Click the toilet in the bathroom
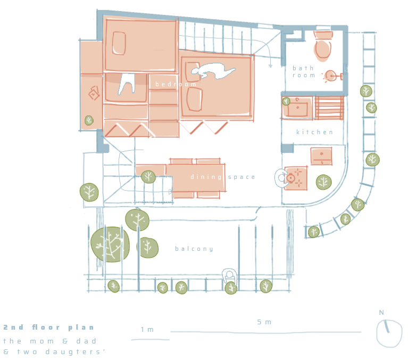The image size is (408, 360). pyautogui.click(x=323, y=46)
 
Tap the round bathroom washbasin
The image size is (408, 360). pyautogui.click(x=330, y=76)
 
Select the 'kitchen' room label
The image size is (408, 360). pyautogui.click(x=314, y=132)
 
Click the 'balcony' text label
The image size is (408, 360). pyautogui.click(x=194, y=249)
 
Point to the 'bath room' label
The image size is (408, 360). pyautogui.click(x=304, y=72)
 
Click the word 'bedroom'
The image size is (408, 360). pyautogui.click(x=176, y=84)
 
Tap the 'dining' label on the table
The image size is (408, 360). pyautogui.click(x=206, y=177)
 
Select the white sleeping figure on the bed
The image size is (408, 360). pyautogui.click(x=212, y=71)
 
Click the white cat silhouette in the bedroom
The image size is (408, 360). pyautogui.click(x=127, y=84)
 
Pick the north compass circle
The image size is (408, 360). pyautogui.click(x=389, y=333)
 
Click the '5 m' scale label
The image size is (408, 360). pyautogui.click(x=264, y=322)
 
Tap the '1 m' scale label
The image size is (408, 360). pyautogui.click(x=147, y=330)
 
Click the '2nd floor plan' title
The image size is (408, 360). pyautogui.click(x=48, y=328)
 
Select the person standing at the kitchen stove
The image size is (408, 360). pyautogui.click(x=281, y=178)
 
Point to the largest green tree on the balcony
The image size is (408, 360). pyautogui.click(x=110, y=244)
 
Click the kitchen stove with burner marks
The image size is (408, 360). pyautogui.click(x=296, y=178)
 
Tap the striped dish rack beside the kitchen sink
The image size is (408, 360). pyautogui.click(x=329, y=108)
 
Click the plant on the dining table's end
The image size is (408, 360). pyautogui.click(x=148, y=177)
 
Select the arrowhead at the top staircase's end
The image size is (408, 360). pyautogui.click(x=270, y=66)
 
